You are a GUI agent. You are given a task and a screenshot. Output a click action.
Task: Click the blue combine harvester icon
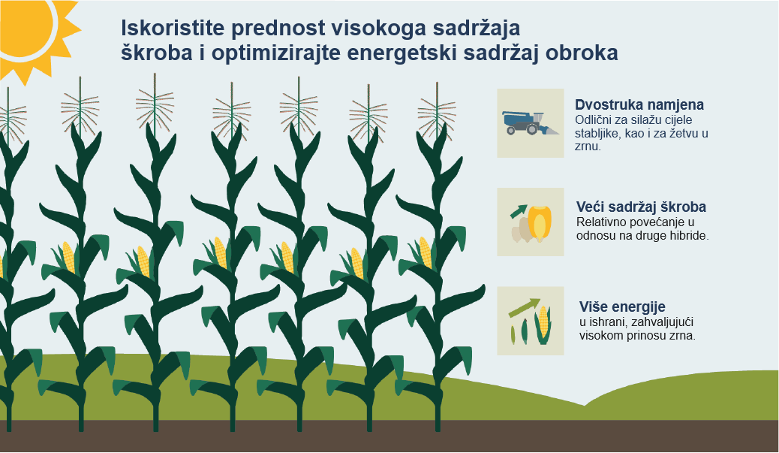coord(530,122)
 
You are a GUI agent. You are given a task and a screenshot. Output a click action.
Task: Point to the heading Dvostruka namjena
coord(639,104)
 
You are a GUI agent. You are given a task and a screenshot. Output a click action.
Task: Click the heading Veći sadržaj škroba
coord(641,207)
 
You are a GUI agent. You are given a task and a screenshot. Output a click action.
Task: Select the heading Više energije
coord(622,307)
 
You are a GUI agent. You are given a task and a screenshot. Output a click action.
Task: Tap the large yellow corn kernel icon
coord(540,223)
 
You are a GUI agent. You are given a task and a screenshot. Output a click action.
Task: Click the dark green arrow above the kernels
coord(519,211)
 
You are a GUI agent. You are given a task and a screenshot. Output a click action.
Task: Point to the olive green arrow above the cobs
coord(525,307)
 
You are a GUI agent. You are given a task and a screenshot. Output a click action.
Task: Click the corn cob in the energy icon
coord(543,325)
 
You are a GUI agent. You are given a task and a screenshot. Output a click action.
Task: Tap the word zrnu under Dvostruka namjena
coord(588,146)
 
